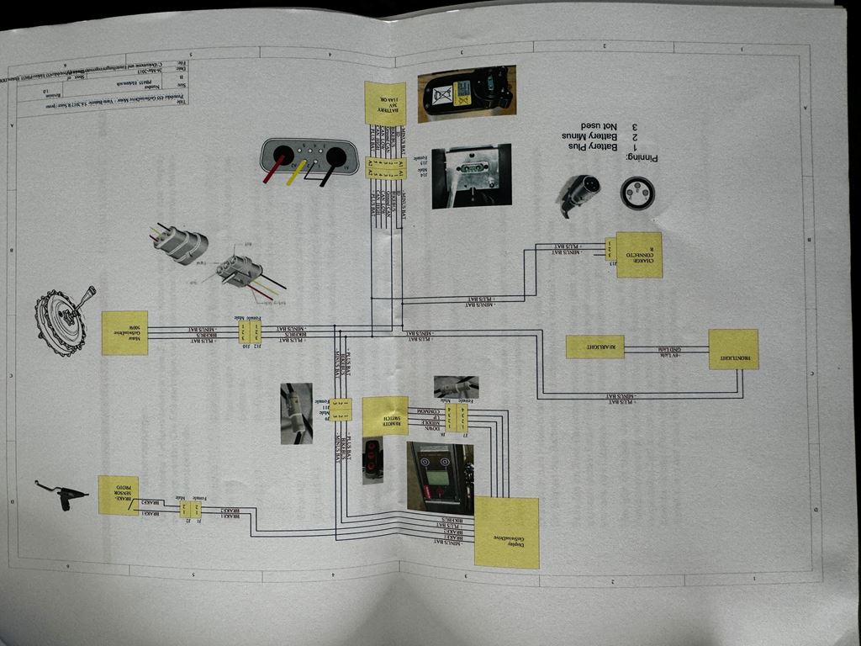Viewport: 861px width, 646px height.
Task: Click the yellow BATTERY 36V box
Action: (385, 103)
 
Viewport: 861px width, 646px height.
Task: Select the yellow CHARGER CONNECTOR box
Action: (639, 254)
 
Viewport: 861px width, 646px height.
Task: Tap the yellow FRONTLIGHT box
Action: (733, 349)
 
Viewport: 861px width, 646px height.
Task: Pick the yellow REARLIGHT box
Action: (594, 347)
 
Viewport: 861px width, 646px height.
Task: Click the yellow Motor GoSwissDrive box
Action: (124, 332)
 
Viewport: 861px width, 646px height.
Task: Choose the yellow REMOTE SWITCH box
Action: (385, 416)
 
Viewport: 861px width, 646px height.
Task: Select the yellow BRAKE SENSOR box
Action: (118, 495)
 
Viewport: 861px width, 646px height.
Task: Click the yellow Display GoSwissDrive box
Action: (506, 532)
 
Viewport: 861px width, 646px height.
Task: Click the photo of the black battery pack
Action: (467, 89)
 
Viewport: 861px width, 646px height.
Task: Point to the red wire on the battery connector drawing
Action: (272, 171)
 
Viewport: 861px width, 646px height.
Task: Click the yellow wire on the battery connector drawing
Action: (295, 173)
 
